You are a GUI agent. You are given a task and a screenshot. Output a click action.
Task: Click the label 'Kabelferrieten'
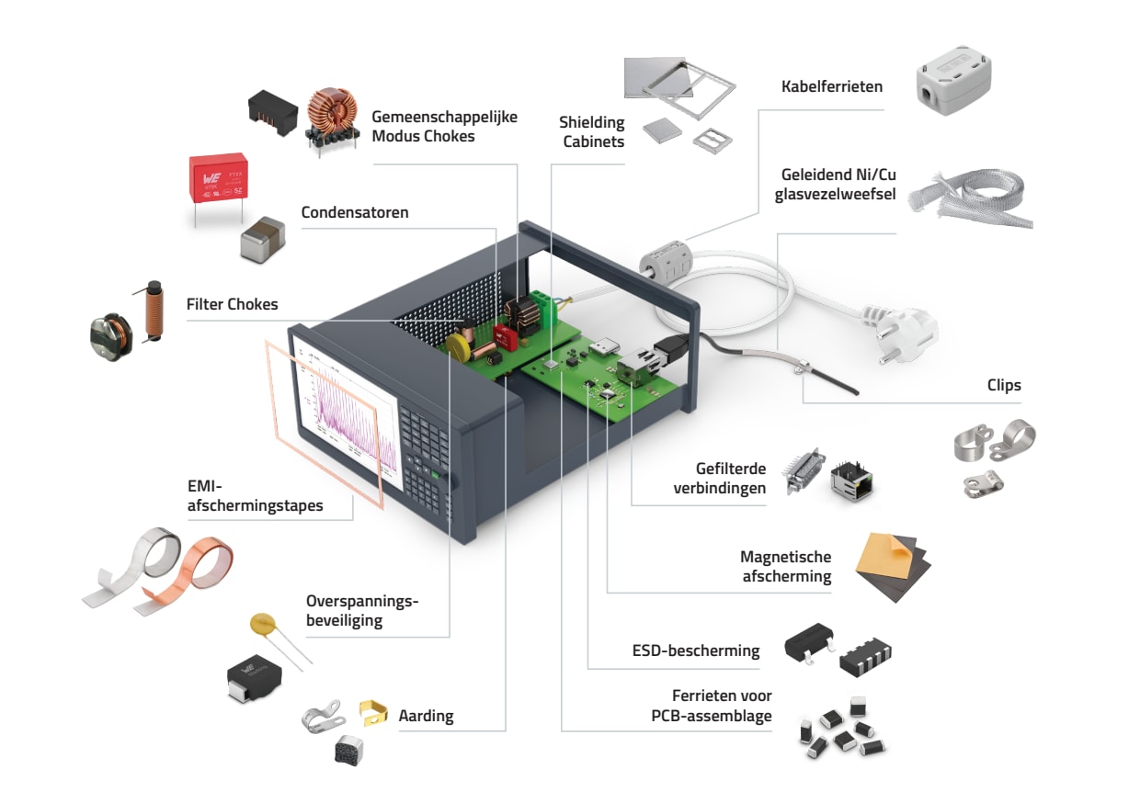coord(831,86)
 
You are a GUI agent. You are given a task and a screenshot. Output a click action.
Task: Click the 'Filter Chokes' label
coord(232,303)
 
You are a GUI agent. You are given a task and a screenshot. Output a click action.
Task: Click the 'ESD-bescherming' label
coord(696,650)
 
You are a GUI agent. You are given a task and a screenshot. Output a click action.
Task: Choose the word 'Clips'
coord(1003,385)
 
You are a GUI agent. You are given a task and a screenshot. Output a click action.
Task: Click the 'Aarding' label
coord(426,715)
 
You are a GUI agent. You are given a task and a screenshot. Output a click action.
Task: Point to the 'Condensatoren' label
coord(355,212)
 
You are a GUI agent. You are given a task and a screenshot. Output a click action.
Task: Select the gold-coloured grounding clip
coord(371,711)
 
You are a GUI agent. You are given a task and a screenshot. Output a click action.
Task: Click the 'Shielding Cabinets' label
coord(593,131)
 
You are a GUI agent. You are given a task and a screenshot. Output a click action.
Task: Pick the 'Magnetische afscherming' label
coord(785,566)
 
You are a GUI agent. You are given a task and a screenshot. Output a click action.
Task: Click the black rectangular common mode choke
coord(274,113)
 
